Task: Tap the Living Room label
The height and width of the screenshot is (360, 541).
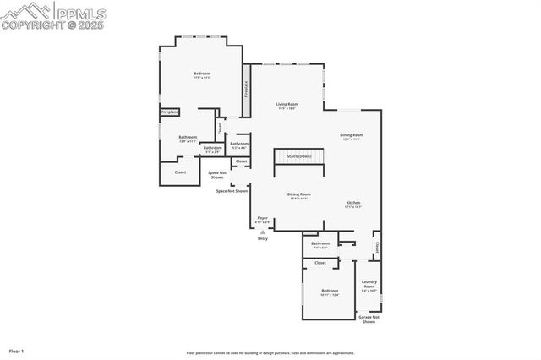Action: (x=287, y=105)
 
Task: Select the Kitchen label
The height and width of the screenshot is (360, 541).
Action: (x=353, y=204)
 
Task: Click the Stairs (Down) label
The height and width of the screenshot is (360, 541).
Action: (x=299, y=156)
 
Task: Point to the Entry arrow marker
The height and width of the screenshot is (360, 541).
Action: (x=263, y=232)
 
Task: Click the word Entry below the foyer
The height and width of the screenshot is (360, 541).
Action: (x=263, y=239)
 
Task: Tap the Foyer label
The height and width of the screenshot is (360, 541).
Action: (x=263, y=218)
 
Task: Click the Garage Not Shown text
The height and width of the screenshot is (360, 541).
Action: (x=369, y=320)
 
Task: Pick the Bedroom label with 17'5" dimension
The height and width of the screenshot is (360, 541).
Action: (x=202, y=74)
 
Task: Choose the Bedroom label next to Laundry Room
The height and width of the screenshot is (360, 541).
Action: (x=329, y=292)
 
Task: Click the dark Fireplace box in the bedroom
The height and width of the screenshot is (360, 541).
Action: (x=170, y=112)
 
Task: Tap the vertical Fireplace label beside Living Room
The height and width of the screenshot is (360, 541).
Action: (x=247, y=90)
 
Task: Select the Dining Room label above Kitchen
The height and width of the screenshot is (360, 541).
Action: (x=352, y=135)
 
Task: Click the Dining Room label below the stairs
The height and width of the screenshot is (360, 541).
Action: (x=298, y=194)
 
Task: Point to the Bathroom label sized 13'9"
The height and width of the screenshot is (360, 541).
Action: (x=188, y=138)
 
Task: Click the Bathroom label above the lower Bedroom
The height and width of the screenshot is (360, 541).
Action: (x=320, y=244)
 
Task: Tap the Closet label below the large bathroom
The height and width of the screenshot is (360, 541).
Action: (x=180, y=172)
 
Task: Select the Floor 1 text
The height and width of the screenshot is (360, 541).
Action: (x=17, y=350)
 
